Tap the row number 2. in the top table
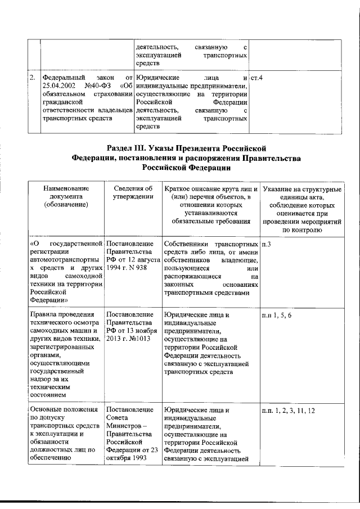pos(33,76)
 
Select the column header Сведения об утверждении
pos(133,192)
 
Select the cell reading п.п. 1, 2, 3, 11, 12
pos(288,411)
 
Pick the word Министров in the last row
pos(123,427)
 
